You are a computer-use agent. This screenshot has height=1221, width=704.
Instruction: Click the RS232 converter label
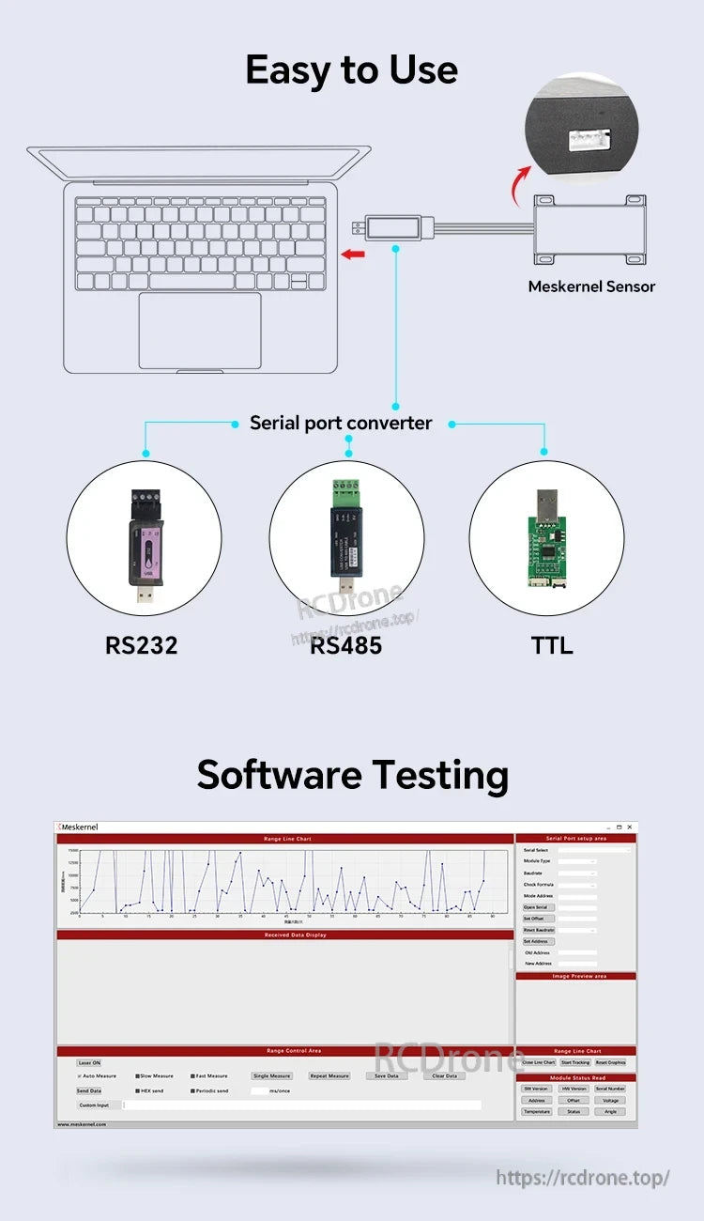click(141, 646)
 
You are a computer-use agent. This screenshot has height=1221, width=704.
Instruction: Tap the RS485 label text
click(345, 646)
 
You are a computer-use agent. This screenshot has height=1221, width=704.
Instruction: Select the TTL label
click(551, 646)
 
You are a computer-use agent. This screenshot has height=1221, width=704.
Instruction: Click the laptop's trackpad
click(200, 331)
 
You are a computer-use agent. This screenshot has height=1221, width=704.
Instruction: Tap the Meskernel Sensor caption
click(591, 286)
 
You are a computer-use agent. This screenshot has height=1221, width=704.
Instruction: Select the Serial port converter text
click(341, 424)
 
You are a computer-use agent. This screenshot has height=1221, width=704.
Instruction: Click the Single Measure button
click(272, 1076)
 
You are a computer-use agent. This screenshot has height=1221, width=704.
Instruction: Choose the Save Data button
click(387, 1076)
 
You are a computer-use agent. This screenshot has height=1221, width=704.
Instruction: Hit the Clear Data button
click(444, 1076)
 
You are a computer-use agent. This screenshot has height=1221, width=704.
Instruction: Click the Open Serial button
click(535, 907)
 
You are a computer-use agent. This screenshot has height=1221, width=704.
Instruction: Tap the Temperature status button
click(537, 1111)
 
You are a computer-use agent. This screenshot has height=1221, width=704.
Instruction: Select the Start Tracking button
click(574, 1062)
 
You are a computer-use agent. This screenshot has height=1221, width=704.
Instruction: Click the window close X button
click(629, 827)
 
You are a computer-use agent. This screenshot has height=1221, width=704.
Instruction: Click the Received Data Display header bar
click(285, 935)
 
